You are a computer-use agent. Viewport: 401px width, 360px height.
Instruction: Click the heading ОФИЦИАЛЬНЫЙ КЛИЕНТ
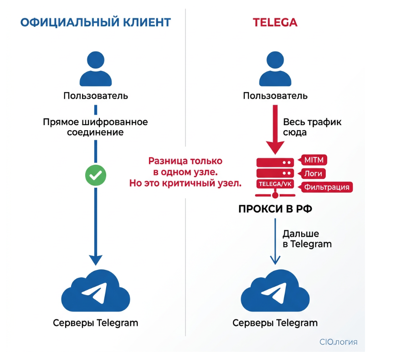(x=96, y=22)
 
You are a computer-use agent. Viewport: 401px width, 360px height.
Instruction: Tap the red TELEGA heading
(x=275, y=22)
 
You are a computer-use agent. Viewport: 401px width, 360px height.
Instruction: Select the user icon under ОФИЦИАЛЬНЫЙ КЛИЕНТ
(x=95, y=69)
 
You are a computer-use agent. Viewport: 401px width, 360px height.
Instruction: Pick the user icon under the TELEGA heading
(x=275, y=69)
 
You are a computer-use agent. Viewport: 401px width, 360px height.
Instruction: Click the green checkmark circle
(x=96, y=175)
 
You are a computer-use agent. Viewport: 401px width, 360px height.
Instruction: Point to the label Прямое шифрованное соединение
(x=96, y=127)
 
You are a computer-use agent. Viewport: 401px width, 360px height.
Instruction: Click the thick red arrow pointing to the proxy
(x=275, y=130)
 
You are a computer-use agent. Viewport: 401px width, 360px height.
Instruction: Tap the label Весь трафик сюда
(x=312, y=127)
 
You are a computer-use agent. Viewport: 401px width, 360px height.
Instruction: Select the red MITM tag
(x=313, y=160)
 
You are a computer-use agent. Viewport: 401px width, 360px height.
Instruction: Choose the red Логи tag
(x=313, y=173)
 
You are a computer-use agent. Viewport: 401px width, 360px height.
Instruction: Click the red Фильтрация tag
(x=327, y=187)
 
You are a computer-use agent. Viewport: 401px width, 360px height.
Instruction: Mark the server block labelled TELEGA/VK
(x=275, y=184)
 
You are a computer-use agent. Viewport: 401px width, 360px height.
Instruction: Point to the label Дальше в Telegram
(x=307, y=238)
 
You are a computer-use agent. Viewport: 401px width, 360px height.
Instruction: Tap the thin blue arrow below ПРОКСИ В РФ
(x=275, y=241)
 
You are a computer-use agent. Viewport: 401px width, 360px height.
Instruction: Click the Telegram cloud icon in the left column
(x=95, y=292)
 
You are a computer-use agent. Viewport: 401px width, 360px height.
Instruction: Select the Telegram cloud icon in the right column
(x=275, y=292)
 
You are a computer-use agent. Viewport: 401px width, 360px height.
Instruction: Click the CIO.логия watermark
(x=339, y=342)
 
